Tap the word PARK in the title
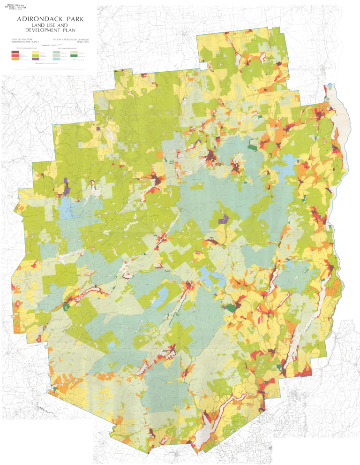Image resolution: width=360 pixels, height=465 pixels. click(x=75, y=19)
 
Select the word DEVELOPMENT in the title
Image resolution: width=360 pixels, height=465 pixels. click(x=43, y=30)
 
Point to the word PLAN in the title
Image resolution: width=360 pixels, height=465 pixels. click(x=69, y=30)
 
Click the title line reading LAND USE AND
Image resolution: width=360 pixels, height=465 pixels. click(x=50, y=25)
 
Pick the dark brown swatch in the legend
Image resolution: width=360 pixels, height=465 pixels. click(x=15, y=52)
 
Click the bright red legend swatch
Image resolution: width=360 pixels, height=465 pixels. click(x=15, y=55)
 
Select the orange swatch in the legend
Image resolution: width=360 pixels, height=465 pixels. click(x=15, y=59)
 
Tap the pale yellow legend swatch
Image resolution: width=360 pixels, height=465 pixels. click(x=36, y=52)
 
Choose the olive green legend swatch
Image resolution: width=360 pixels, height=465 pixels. click(x=36, y=55)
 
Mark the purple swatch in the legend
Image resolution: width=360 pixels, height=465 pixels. click(x=36, y=59)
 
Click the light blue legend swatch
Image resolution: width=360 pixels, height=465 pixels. click(x=56, y=59)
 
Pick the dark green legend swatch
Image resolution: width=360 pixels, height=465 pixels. click(x=74, y=56)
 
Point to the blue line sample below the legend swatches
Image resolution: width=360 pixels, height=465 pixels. click(x=39, y=63)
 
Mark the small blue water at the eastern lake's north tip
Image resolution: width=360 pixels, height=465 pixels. click(x=331, y=87)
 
